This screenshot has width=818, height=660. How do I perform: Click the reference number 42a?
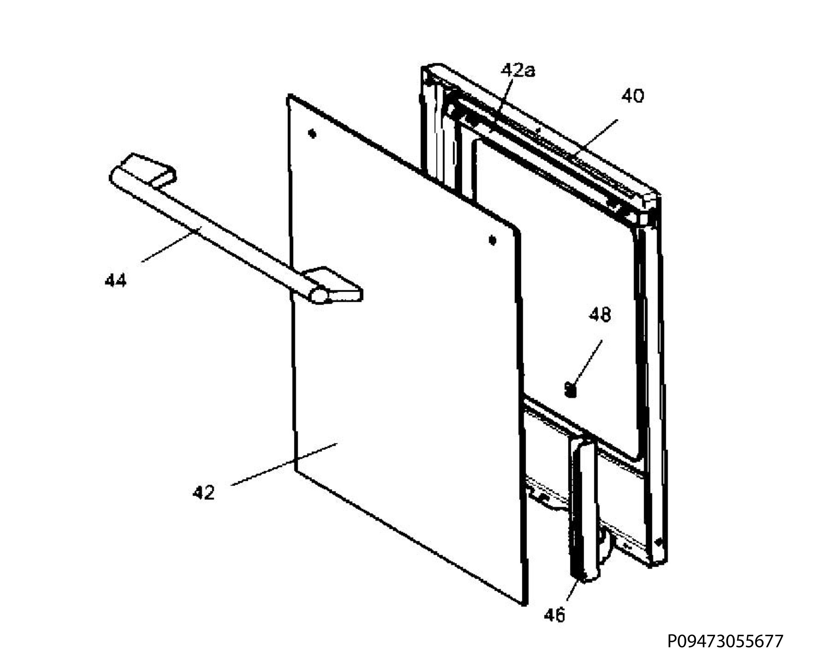click(518, 71)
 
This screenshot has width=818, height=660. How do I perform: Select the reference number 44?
click(116, 281)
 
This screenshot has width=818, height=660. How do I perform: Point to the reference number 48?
click(600, 315)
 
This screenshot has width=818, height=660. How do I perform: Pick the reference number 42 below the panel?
click(204, 493)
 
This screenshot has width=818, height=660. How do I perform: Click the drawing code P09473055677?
click(725, 641)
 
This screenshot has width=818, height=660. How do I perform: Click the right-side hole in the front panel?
click(493, 240)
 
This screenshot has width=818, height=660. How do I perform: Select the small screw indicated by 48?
click(570, 390)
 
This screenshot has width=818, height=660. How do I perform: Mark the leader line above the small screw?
click(588, 362)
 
